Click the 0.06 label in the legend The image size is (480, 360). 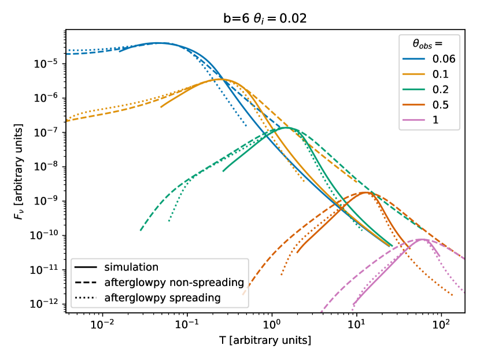tap(444, 59)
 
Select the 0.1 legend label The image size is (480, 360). tap(440, 75)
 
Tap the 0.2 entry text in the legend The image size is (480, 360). tap(440, 90)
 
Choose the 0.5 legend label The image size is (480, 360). tap(440, 105)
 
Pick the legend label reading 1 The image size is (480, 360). tap(435, 120)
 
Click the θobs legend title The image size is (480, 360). tap(428, 43)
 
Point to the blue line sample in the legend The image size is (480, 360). tap(414, 59)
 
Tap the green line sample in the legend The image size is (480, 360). tap(414, 90)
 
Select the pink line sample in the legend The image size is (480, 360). tap(414, 120)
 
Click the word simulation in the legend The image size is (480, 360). tap(131, 268)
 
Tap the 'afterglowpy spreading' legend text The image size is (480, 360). tap(163, 298)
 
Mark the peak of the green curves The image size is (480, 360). tap(286, 128)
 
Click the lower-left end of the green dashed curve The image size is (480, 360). tap(141, 230)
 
